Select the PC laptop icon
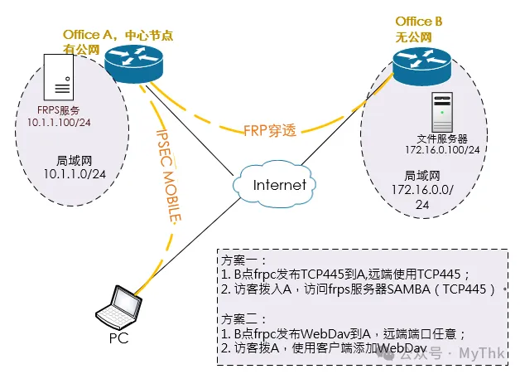[118, 308]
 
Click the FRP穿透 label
[270, 130]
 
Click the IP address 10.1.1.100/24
[49, 123]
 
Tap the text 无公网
[410, 37]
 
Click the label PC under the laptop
[118, 338]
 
